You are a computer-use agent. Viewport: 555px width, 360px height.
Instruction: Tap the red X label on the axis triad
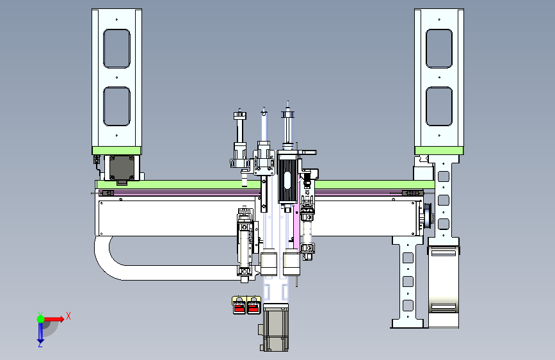coord(68,316)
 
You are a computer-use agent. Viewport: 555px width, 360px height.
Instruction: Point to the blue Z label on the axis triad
coord(40,344)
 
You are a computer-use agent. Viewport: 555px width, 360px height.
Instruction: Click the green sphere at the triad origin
coord(41,319)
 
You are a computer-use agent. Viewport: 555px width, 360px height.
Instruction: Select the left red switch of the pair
coord(239,306)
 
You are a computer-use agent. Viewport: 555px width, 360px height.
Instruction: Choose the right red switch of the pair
coord(253,306)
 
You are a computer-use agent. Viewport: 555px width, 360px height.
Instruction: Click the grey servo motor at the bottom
coord(275,327)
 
